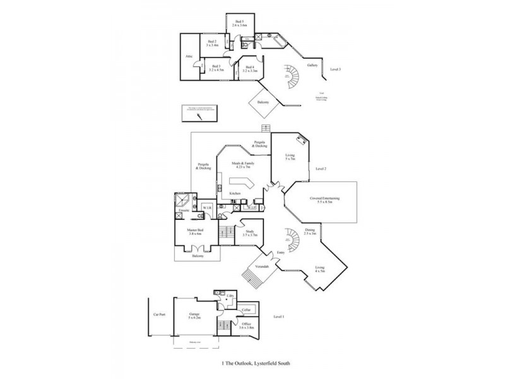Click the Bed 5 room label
tap(239, 21)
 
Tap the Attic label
tap(189, 57)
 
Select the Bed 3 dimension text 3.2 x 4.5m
tap(217, 70)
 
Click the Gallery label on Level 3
tap(312, 65)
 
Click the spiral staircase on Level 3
tap(290, 75)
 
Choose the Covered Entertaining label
tap(325, 198)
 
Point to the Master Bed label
tap(194, 231)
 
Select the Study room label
tap(249, 231)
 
